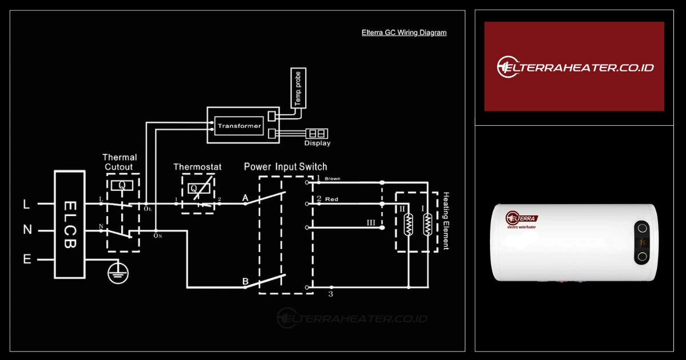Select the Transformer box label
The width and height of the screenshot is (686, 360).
(239, 126)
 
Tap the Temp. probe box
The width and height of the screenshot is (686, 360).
(298, 88)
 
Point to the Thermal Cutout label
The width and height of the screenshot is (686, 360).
(119, 162)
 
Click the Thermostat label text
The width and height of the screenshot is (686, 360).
(197, 167)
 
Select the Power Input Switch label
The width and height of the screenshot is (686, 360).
(285, 167)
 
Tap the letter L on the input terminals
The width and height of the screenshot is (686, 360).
(26, 203)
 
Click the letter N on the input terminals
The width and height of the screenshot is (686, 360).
(27, 230)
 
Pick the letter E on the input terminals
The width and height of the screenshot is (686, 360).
(27, 259)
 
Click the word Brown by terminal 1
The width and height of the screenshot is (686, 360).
(332, 179)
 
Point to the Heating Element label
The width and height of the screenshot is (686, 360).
(446, 221)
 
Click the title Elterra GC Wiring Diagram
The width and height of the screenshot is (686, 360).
(404, 33)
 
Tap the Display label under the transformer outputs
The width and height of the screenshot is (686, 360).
(317, 143)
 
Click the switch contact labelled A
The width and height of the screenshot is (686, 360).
(245, 198)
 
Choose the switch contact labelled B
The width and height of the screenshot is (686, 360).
(245, 282)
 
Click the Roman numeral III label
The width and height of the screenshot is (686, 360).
(371, 223)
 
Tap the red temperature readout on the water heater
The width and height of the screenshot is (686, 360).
(643, 242)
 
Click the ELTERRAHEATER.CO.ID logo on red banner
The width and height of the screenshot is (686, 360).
(574, 67)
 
